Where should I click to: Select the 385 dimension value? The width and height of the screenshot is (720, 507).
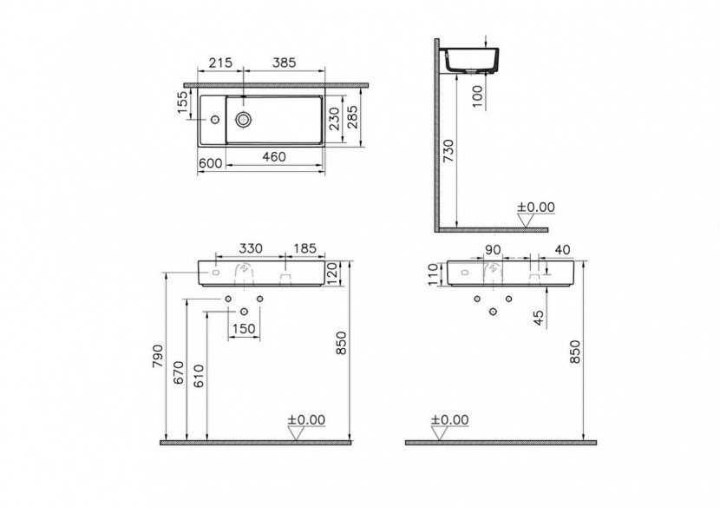click(284, 63)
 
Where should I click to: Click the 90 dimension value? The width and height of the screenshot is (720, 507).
click(492, 249)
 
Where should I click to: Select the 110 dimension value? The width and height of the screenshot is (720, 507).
click(435, 274)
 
